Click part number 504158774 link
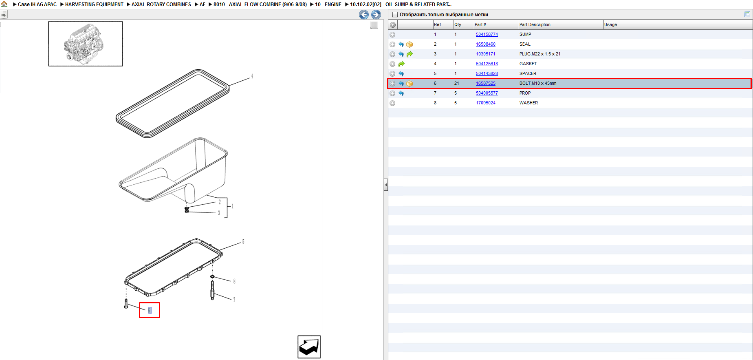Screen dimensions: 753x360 pyautogui.click(x=487, y=34)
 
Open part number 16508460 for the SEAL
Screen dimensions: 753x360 pyautogui.click(x=485, y=44)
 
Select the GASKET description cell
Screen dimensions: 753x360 pyautogui.click(x=528, y=64)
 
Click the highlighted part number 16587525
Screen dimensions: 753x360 pyautogui.click(x=485, y=83)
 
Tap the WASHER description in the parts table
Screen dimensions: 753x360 pyautogui.click(x=528, y=103)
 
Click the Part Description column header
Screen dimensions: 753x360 pyautogui.click(x=535, y=24)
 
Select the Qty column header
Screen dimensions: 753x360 pyautogui.click(x=458, y=24)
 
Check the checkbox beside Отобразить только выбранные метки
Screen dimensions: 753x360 pyautogui.click(x=394, y=15)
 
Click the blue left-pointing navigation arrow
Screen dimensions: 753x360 pyautogui.click(x=364, y=15)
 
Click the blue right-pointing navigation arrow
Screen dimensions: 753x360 pyautogui.click(x=376, y=15)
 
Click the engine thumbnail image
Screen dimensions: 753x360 pyautogui.click(x=86, y=44)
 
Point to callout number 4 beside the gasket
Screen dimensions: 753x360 pyautogui.click(x=252, y=76)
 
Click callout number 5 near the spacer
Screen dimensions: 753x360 pyautogui.click(x=243, y=242)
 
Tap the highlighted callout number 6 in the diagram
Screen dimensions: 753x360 pyautogui.click(x=150, y=310)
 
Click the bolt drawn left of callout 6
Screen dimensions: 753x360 pyautogui.click(x=126, y=304)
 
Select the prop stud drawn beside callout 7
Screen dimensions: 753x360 pyautogui.click(x=212, y=290)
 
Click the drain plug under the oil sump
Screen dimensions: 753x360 pyautogui.click(x=187, y=210)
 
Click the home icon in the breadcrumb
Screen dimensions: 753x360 pyautogui.click(x=4, y=4)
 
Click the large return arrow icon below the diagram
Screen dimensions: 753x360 pyautogui.click(x=309, y=347)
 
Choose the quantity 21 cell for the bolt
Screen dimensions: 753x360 pyautogui.click(x=457, y=83)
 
